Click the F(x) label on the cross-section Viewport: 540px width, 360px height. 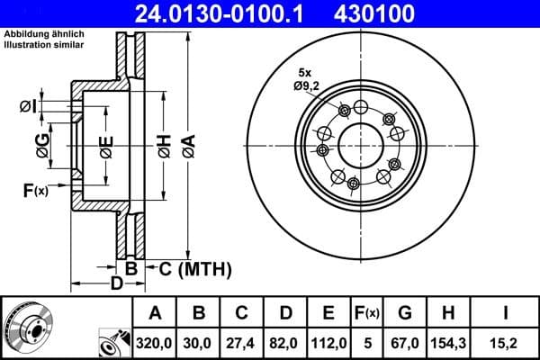point(35,190)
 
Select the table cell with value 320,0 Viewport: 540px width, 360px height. point(155,342)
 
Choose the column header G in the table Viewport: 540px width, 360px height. point(405,313)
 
